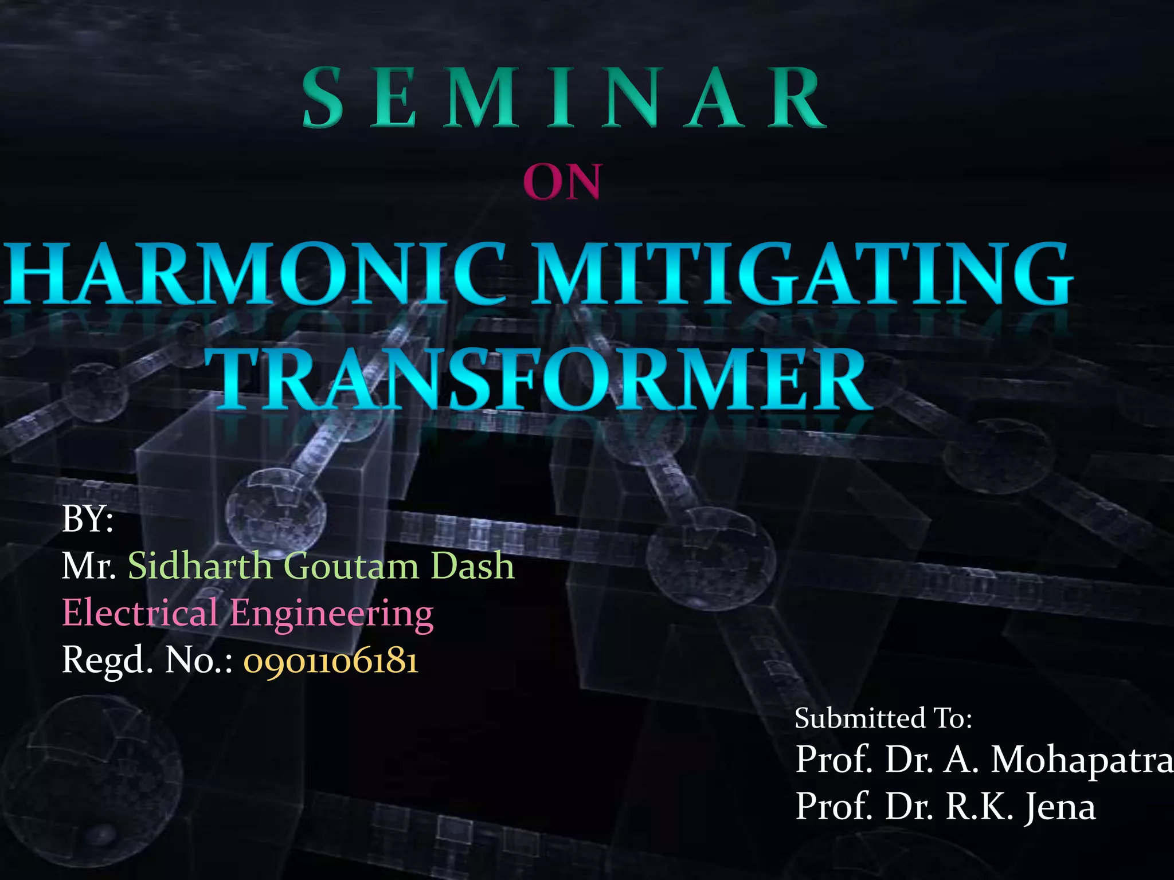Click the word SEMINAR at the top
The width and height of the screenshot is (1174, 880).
pyautogui.click(x=565, y=97)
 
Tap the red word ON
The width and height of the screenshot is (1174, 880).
pyautogui.click(x=562, y=182)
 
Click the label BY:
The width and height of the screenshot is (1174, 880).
pyautogui.click(x=87, y=519)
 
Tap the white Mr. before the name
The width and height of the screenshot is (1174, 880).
pyautogui.click(x=89, y=566)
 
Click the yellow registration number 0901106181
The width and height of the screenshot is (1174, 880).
pyautogui.click(x=331, y=661)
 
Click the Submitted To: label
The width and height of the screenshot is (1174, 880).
pyautogui.click(x=883, y=718)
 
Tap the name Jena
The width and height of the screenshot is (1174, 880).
pyautogui.click(x=1060, y=807)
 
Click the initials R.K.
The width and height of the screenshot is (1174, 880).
pyautogui.click(x=980, y=807)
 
